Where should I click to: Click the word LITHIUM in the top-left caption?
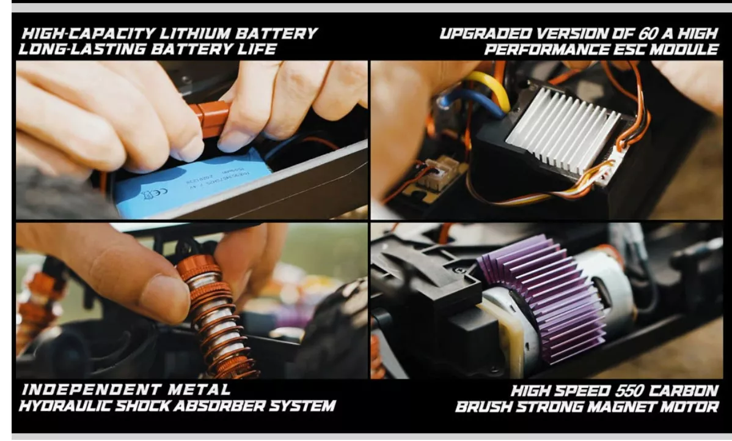pyautogui.click(x=194, y=34)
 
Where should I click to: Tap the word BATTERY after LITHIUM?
pyautogui.click(x=276, y=34)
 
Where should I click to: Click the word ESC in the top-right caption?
pyautogui.click(x=629, y=50)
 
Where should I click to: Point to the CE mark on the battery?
pyautogui.click(x=150, y=194)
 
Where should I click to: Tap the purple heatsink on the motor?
pyautogui.click(x=544, y=299)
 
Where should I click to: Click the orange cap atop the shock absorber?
pyautogui.click(x=199, y=267)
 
